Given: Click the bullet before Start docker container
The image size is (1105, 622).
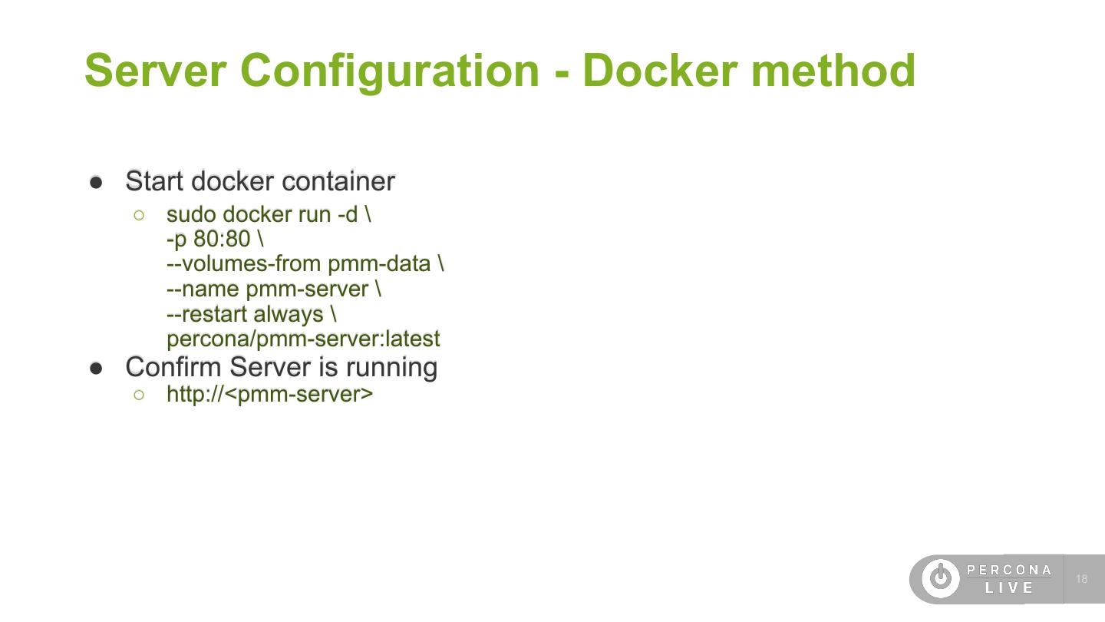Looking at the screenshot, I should [96, 182].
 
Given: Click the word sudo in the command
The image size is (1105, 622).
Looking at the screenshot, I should [191, 214].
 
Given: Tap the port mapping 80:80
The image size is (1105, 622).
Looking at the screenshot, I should [222, 239].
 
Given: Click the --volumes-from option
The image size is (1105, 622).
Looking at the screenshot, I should [244, 264].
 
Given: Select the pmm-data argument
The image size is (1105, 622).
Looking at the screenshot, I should [379, 264].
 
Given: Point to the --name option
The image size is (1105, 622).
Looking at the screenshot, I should [203, 289].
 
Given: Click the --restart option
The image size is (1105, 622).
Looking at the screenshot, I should [206, 314].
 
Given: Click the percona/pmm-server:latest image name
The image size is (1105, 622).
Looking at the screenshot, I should [303, 339].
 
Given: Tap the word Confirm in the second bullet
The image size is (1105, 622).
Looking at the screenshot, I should [174, 367].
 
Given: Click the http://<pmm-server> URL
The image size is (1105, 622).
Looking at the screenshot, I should [269, 395].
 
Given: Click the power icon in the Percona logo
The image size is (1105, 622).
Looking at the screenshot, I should [940, 578].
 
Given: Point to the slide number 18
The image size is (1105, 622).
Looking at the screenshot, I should [1082, 579].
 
